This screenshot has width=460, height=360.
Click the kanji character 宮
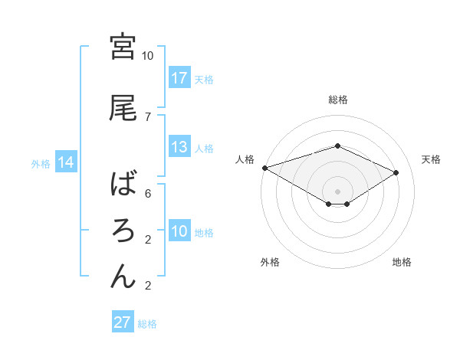pos(123,47)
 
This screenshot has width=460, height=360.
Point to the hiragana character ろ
pos(123,230)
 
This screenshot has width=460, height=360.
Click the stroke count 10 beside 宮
pos(148,56)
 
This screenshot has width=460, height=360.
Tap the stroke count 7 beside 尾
pos(148,116)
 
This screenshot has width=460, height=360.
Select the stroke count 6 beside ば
pos(148,194)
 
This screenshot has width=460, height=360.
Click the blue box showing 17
pos(179,78)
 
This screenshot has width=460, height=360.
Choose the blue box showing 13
pos(179,148)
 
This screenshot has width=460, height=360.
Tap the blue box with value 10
pos(179,232)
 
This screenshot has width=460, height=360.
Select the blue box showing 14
pos(65,162)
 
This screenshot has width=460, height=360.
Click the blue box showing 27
pos(122,322)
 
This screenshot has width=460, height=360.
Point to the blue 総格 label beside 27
pos(147,324)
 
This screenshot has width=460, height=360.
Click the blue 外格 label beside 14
pos(40,163)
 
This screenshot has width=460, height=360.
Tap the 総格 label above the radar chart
pos(337,100)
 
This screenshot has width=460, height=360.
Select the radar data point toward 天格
pos(396,173)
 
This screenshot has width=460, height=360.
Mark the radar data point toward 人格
pos(264,167)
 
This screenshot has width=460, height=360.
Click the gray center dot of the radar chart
pos(337,190)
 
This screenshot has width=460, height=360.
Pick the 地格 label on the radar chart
pos(402,263)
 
